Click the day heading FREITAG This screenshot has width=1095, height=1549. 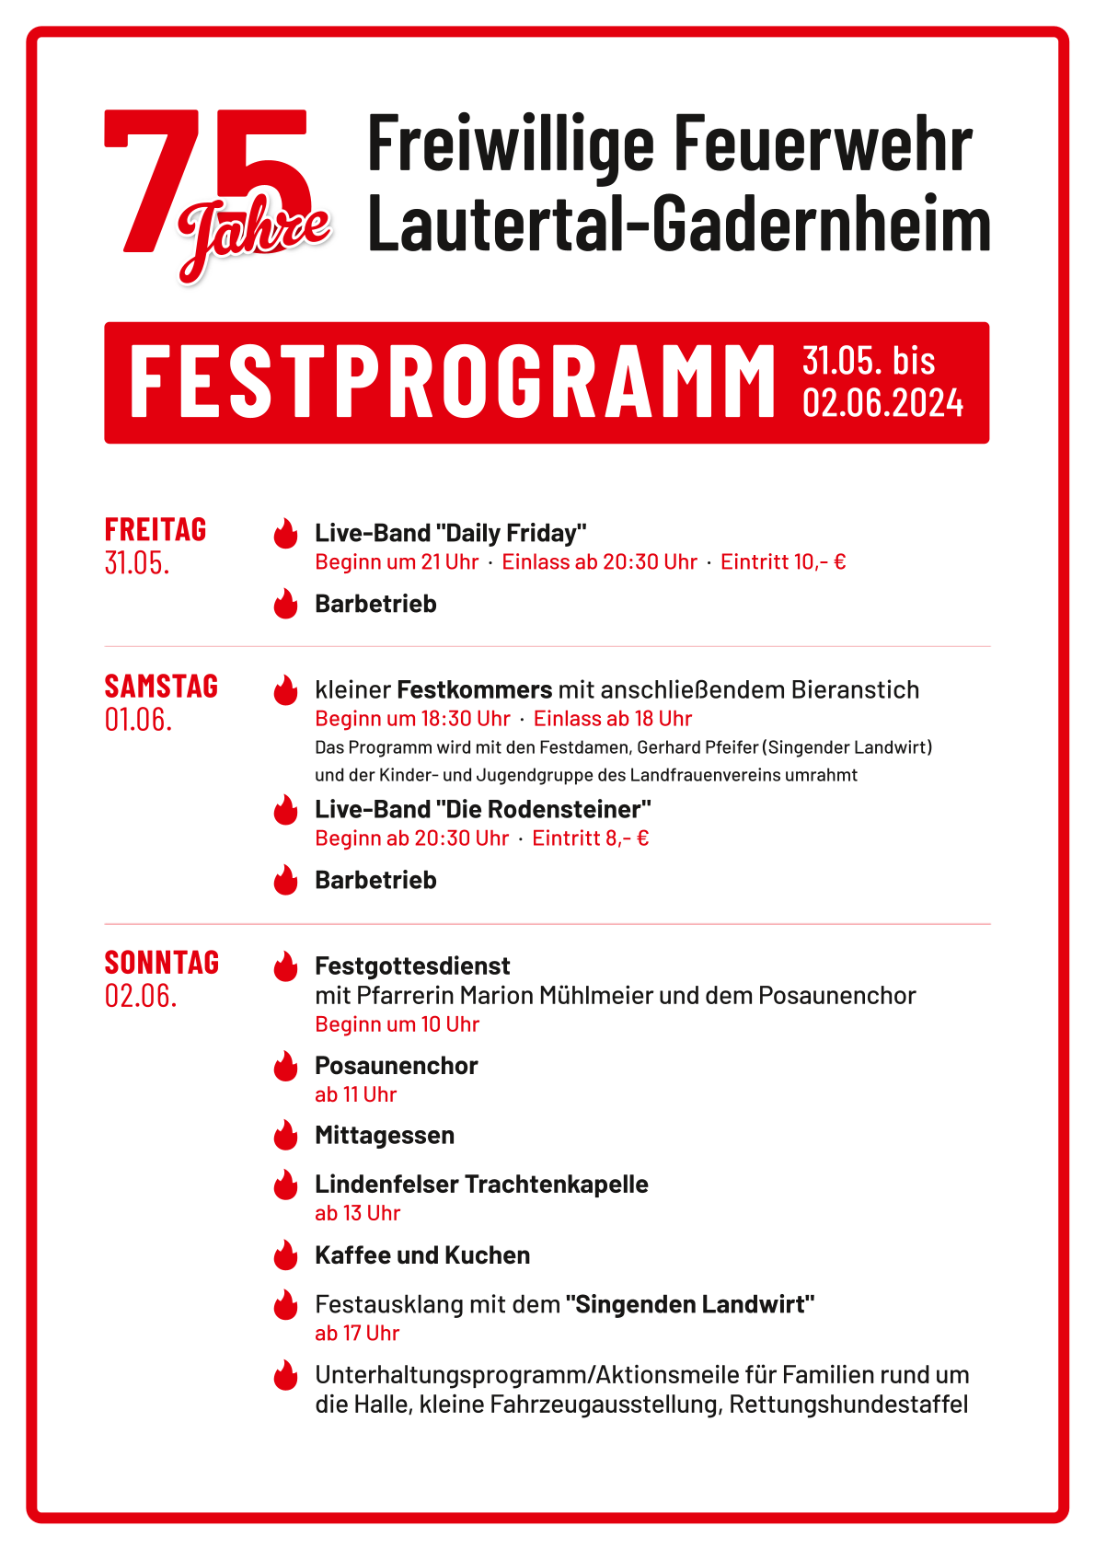[156, 529]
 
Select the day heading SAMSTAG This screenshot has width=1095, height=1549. [161, 686]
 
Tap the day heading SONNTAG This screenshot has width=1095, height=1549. [162, 962]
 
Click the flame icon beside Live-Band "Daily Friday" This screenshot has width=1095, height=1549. [286, 534]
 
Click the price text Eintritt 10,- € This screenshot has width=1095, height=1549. [783, 561]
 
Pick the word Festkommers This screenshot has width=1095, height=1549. [474, 689]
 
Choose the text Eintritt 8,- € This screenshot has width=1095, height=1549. [591, 838]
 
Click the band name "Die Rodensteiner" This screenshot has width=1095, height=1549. [543, 809]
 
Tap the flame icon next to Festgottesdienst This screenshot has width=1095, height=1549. [286, 966]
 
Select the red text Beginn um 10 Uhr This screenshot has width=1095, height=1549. [397, 1023]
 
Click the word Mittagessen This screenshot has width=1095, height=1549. [385, 1135]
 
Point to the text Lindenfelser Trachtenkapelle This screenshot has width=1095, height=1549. [481, 1184]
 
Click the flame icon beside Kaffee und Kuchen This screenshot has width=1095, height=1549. [286, 1255]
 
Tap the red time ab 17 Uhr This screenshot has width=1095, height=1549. [357, 1333]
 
